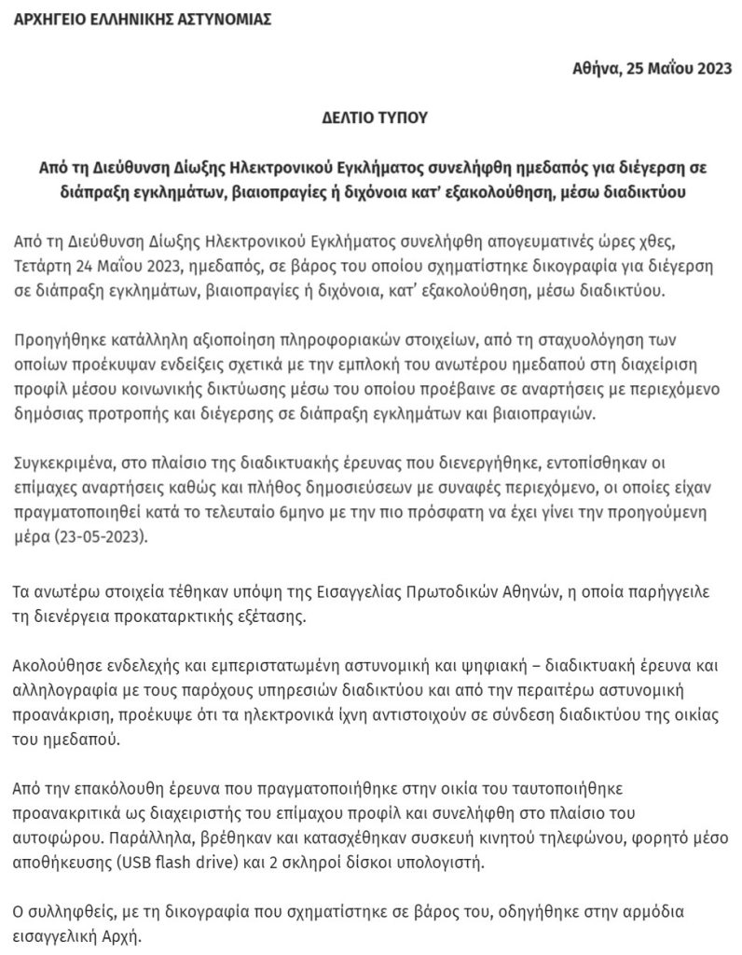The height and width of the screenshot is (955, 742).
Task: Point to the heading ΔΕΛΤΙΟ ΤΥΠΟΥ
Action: click(x=370, y=120)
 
